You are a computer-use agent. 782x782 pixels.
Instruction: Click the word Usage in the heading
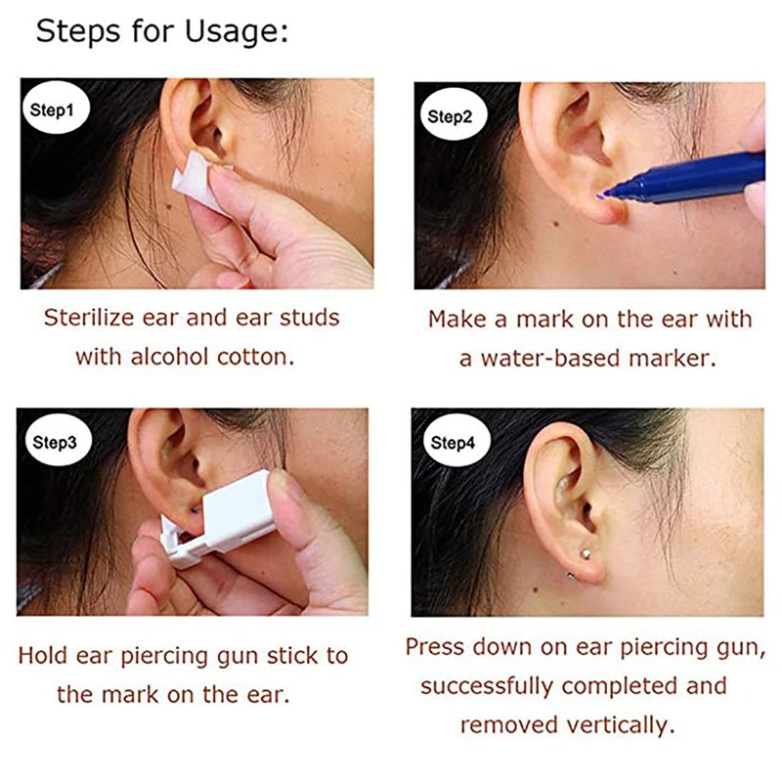237,31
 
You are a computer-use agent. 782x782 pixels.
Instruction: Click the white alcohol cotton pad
198,182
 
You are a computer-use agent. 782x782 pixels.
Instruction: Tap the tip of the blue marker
599,197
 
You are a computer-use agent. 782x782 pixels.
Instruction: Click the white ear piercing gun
225,519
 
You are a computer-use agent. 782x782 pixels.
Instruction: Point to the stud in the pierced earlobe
586,553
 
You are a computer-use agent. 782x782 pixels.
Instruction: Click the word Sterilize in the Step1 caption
89,318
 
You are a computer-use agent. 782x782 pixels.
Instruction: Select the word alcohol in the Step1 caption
169,357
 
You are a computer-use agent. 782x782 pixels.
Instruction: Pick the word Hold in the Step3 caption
41,655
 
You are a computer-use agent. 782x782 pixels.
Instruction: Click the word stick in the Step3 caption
291,655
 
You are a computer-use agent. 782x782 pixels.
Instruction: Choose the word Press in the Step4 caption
434,647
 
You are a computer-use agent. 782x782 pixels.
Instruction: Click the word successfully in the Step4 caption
487,686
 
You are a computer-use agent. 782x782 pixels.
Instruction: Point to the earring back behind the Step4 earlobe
570,576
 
